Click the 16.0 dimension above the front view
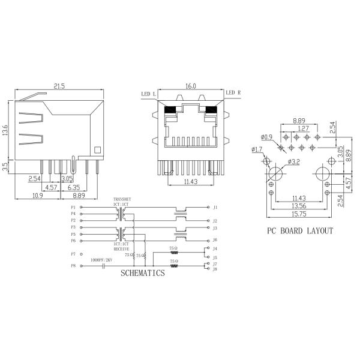point(190,86)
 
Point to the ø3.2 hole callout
point(294,161)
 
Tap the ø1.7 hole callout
point(257,149)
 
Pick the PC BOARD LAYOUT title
point(299,230)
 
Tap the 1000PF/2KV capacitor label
point(102,259)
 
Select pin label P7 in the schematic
point(73,254)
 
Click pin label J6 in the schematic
point(214,240)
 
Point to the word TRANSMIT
point(122,200)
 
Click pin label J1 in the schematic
point(214,207)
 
